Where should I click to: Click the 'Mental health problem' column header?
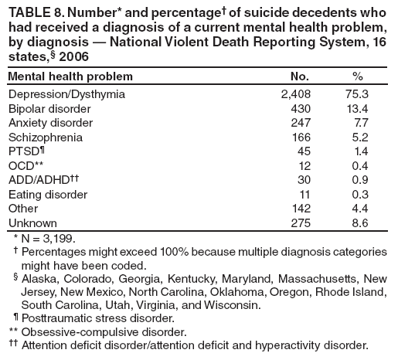tap(70, 76)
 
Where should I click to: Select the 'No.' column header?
tap(298, 76)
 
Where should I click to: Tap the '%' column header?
tap(357, 76)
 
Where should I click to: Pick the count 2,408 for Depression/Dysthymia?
tap(294, 94)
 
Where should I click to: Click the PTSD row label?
tap(26, 151)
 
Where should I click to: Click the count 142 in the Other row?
tap(299, 208)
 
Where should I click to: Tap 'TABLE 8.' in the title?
tap(36, 10)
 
